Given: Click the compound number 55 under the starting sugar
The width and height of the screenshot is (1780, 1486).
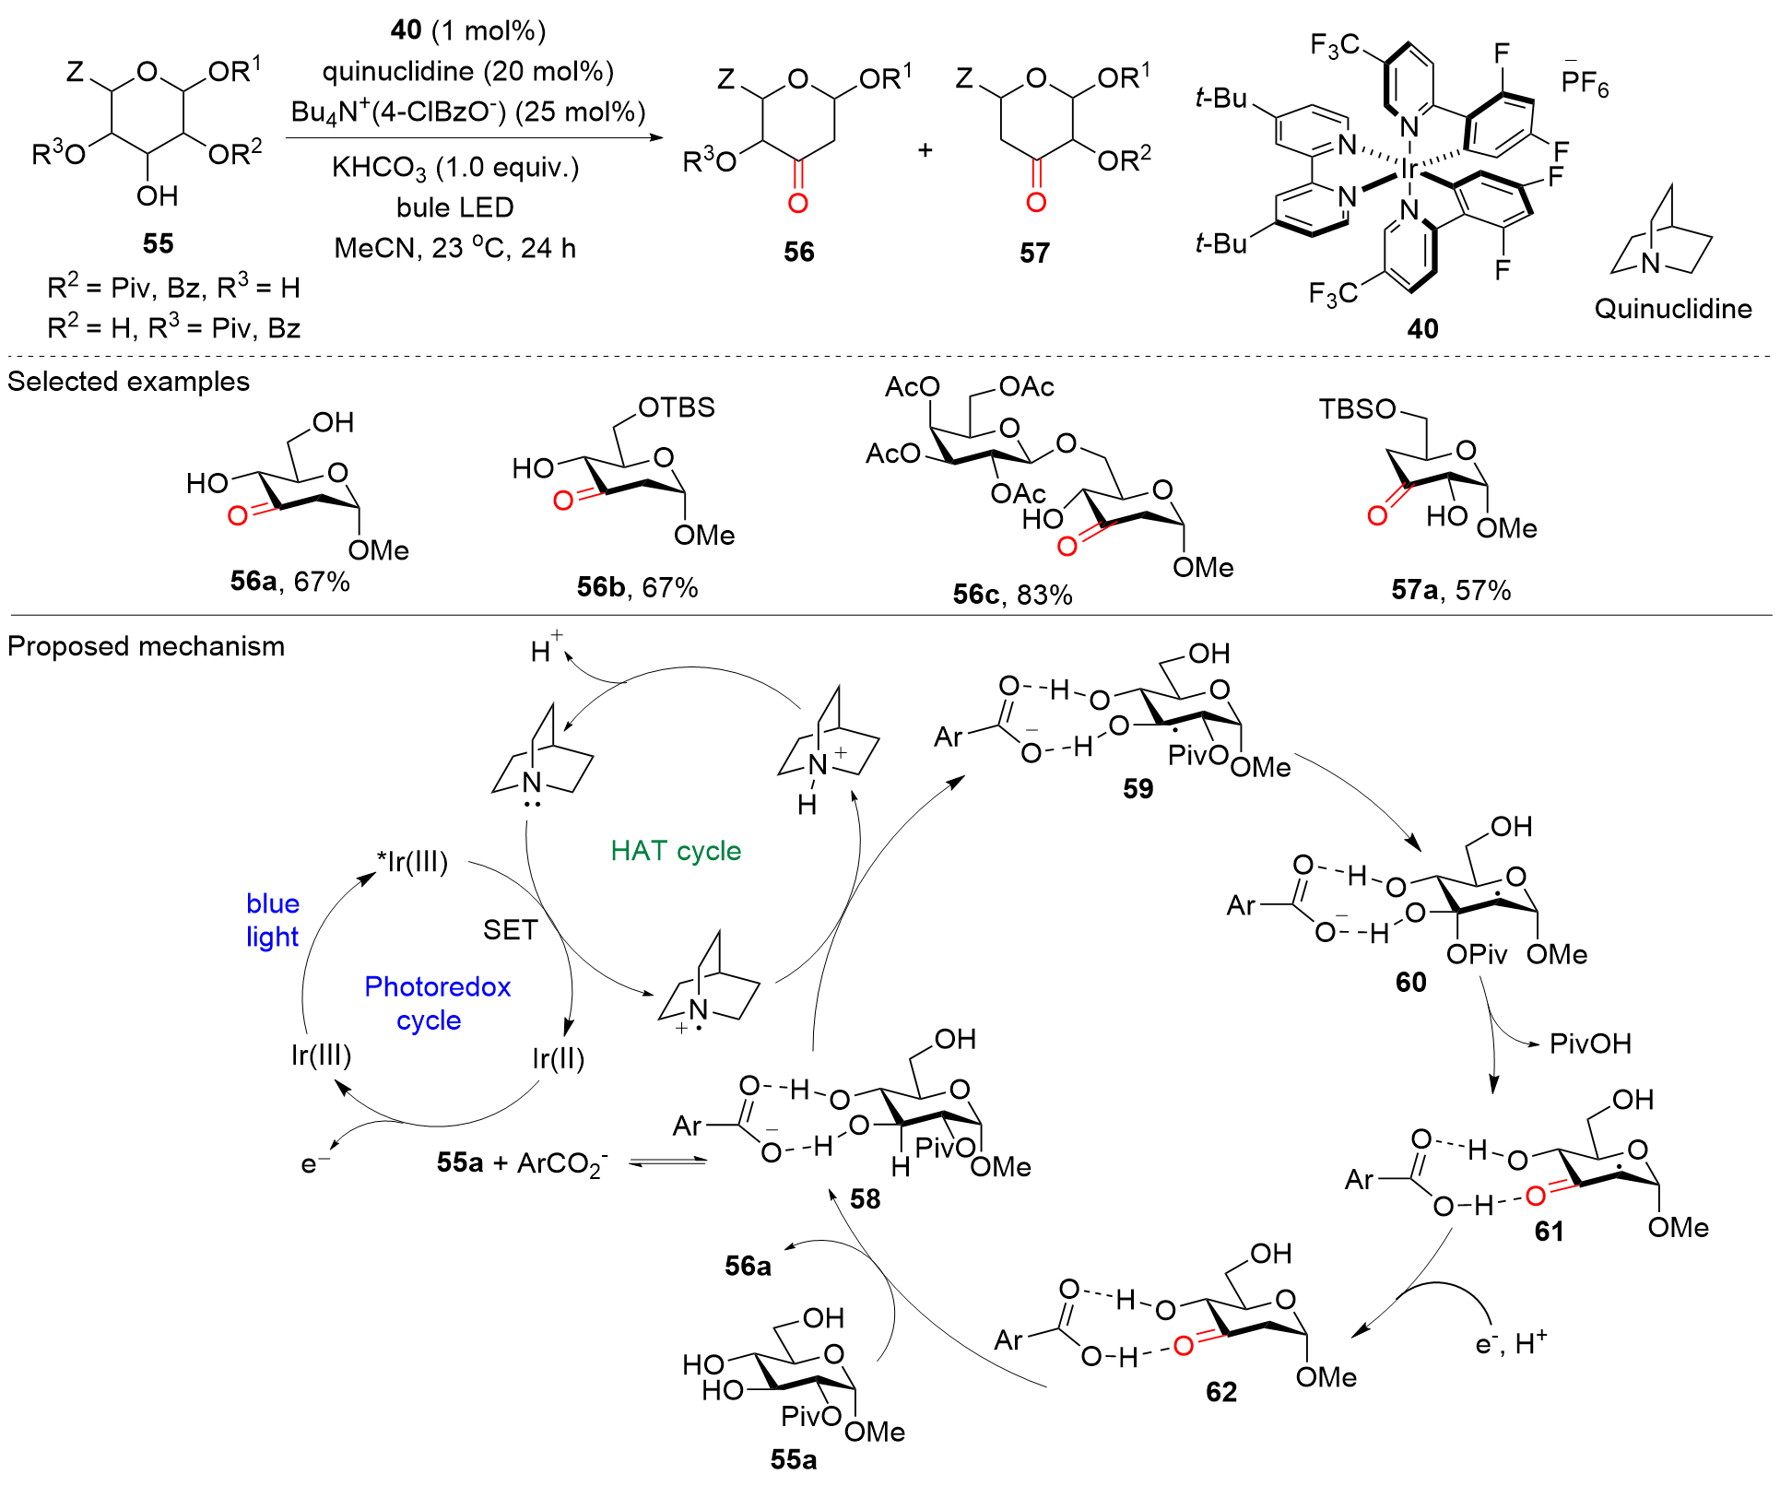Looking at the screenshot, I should [158, 243].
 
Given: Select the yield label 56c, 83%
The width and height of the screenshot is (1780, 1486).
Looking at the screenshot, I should [1012, 595].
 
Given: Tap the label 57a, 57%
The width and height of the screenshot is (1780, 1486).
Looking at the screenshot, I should [1451, 590].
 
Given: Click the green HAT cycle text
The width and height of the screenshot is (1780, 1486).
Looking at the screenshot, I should [676, 850].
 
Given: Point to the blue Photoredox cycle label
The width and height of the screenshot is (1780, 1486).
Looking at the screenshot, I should [437, 1003].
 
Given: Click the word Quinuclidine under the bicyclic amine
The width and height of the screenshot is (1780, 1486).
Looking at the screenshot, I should [1673, 308].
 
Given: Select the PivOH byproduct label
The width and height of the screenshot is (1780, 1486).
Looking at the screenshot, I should [1590, 1044].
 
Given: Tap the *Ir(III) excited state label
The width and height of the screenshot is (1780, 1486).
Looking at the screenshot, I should [412, 862].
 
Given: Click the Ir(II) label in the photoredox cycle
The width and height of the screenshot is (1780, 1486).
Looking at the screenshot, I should [558, 1058].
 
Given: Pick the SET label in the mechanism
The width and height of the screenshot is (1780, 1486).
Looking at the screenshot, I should [510, 929].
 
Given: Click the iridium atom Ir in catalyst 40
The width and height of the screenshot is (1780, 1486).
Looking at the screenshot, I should [1409, 169].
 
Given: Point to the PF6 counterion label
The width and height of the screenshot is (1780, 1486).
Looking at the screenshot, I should [1585, 83].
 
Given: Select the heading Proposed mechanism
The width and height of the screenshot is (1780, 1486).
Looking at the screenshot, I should [146, 646].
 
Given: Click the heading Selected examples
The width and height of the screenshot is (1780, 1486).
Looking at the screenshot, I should [128, 382].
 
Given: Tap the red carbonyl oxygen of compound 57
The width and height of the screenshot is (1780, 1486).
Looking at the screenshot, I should [1036, 202].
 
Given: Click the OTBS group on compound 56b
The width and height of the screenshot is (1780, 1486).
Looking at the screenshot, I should [677, 407].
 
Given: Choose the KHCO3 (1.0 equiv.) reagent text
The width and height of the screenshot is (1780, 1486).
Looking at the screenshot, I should [455, 168].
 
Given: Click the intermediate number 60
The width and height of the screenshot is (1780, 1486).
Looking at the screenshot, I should [1410, 982].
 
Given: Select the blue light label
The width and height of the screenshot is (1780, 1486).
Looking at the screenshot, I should [272, 920].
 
